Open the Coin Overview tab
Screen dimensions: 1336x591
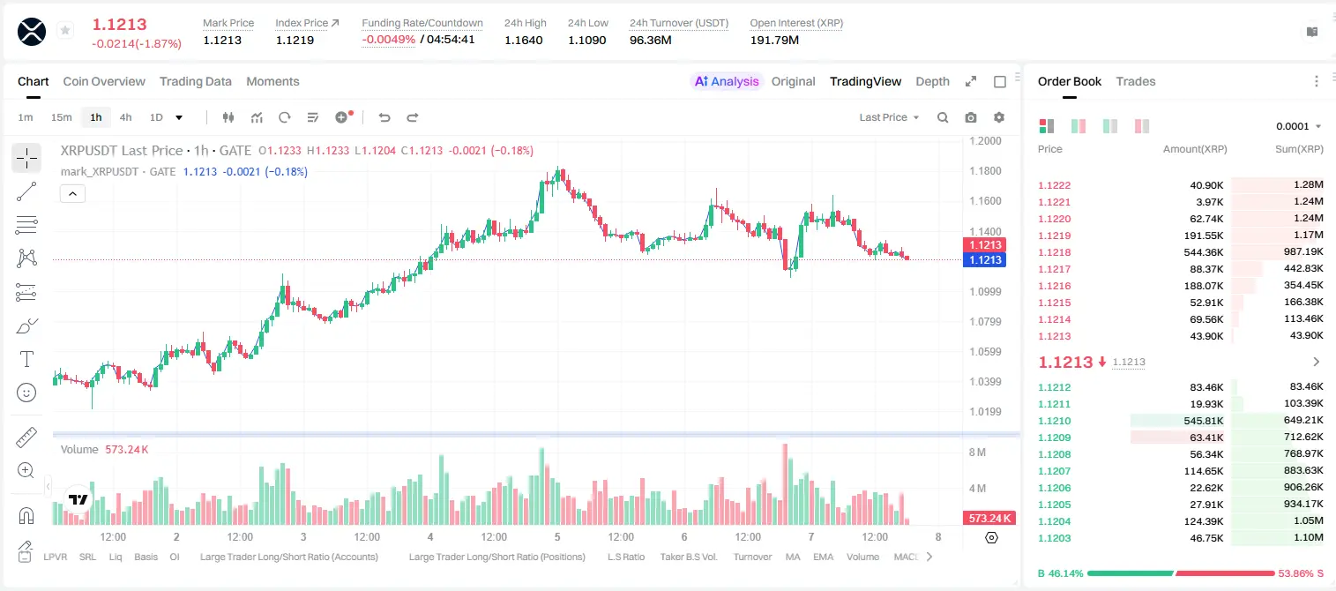click(x=104, y=81)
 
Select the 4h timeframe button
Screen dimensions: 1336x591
click(x=125, y=117)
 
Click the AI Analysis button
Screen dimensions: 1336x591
click(x=727, y=81)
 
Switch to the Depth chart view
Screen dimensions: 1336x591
click(x=932, y=81)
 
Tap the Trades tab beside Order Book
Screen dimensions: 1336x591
click(x=1136, y=81)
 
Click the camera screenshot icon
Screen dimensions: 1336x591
click(x=971, y=117)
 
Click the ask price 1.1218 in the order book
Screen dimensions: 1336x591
click(x=1055, y=252)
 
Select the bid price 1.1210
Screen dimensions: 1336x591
click(x=1055, y=421)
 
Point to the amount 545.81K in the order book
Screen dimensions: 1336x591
click(x=1204, y=421)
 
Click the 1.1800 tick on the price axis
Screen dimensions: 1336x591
click(x=985, y=171)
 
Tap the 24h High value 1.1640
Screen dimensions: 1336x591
click(x=524, y=40)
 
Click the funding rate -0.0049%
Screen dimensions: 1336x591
click(x=388, y=40)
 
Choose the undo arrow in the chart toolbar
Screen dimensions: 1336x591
click(x=384, y=117)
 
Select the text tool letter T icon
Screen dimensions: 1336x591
click(x=26, y=359)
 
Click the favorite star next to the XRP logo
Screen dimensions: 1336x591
click(x=65, y=30)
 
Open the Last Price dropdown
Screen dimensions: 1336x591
click(x=889, y=117)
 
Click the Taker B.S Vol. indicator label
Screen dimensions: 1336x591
click(x=688, y=557)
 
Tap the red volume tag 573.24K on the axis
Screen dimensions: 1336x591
click(x=989, y=519)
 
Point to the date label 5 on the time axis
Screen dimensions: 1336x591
click(x=557, y=536)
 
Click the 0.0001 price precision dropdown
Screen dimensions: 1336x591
click(x=1298, y=126)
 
